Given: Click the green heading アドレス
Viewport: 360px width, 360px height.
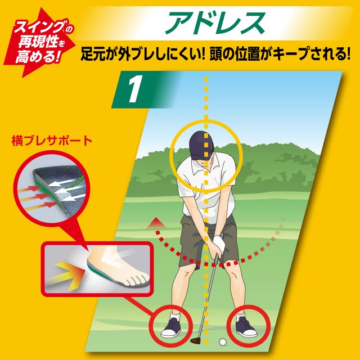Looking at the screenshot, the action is click(215, 22).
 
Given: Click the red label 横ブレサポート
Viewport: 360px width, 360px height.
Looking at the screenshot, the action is click(52, 141).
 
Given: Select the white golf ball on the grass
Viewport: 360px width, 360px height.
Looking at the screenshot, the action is click(222, 342).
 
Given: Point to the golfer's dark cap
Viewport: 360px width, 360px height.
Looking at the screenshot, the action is click(201, 145).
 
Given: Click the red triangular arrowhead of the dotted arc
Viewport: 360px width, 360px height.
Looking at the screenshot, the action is click(156, 223).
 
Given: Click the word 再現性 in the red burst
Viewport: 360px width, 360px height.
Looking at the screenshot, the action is click(38, 42).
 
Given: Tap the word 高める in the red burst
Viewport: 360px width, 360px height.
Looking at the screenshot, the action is click(35, 56).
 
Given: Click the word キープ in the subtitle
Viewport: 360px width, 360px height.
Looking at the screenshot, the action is click(294, 54).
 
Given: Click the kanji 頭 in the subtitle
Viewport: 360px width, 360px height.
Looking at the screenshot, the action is click(215, 54).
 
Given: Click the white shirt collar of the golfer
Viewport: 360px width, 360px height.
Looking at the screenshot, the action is click(204, 166).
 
